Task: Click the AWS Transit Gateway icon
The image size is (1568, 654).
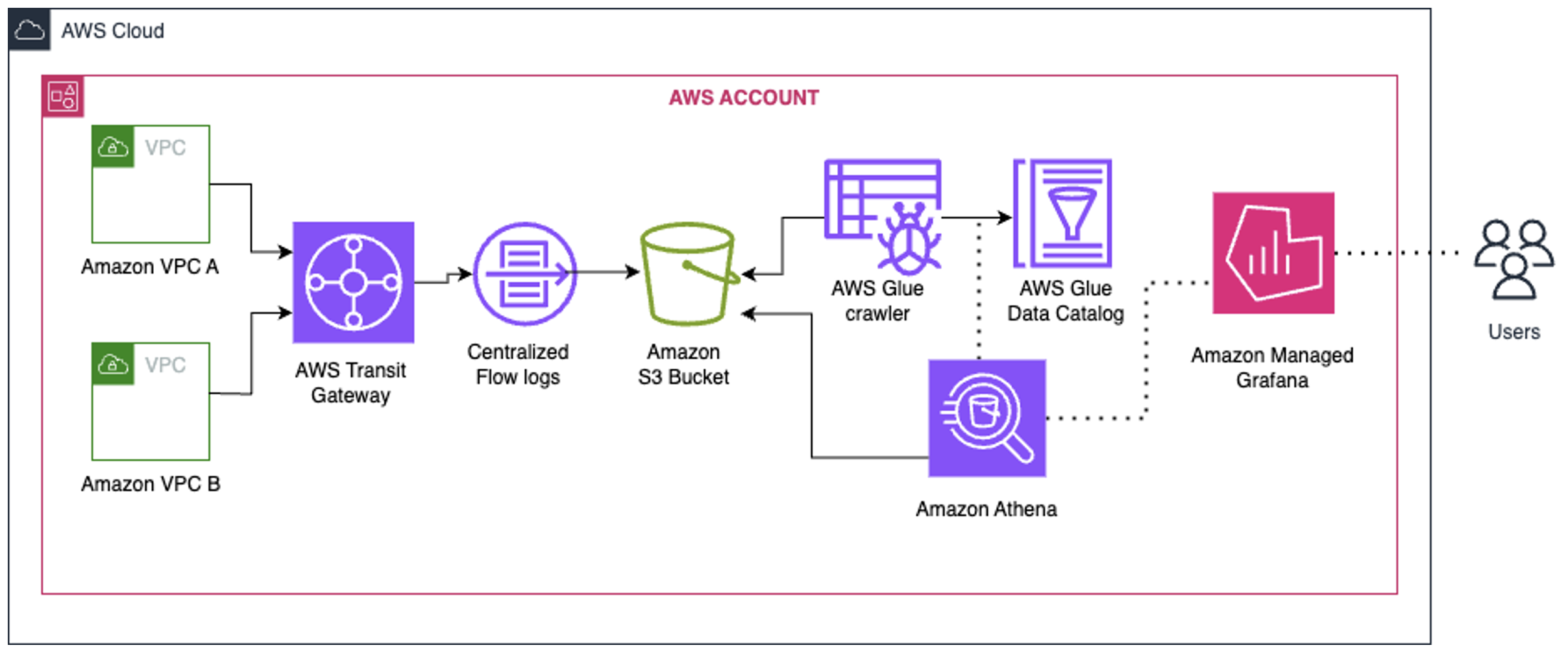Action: [x=353, y=282]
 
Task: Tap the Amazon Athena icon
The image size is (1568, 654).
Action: [x=986, y=418]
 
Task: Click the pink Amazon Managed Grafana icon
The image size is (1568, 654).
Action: [x=1273, y=253]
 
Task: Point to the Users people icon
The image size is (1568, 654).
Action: [x=1513, y=260]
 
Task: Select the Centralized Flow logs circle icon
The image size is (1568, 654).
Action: [x=524, y=274]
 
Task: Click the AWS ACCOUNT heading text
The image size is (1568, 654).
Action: [x=744, y=98]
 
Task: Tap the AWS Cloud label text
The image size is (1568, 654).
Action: [x=112, y=30]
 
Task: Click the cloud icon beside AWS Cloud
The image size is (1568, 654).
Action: [x=29, y=30]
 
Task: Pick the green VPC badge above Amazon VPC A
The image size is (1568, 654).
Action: [x=113, y=147]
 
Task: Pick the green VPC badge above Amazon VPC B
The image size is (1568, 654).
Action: [x=113, y=364]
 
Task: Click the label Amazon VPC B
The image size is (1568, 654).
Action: [x=151, y=484]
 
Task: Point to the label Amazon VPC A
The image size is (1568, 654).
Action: [x=150, y=267]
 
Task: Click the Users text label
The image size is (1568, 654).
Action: [x=1513, y=332]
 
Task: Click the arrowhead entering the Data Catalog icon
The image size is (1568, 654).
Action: [x=1005, y=217]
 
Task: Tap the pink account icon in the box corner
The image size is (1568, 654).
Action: [x=63, y=97]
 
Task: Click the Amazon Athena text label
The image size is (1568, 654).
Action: [x=986, y=509]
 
